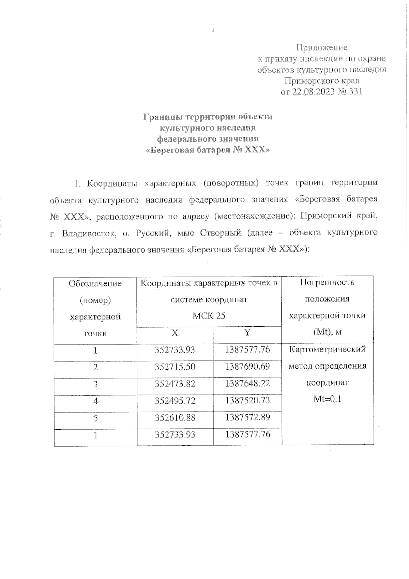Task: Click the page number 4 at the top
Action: coord(213,31)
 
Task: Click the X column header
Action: coord(175,333)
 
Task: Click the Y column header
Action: coord(247,332)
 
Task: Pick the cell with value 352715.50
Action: coord(175,367)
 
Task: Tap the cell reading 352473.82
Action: coord(175,384)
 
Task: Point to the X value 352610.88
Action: coord(175,417)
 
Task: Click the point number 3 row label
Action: coord(95,384)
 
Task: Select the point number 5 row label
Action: coord(95,418)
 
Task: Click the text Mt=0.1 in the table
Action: coord(327,399)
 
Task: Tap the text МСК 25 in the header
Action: coord(209,316)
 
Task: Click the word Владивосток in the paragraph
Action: coord(87,233)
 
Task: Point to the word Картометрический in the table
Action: coord(327,350)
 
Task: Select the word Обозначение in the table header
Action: coord(95,283)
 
